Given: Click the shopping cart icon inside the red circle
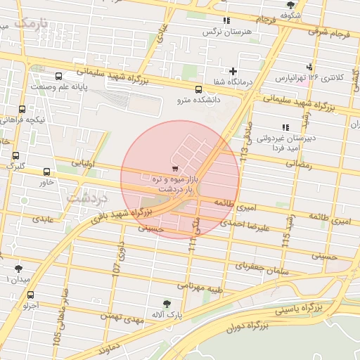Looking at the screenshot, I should [174, 169].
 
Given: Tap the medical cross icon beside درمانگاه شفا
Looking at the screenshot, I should [233, 71].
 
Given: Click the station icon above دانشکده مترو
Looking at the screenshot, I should [198, 89].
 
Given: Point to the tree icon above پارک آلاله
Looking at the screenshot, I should [167, 303].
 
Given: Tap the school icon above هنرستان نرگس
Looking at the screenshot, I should [226, 22].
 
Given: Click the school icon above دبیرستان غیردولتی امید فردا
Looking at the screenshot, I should [285, 127].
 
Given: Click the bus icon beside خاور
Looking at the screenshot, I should [46, 172].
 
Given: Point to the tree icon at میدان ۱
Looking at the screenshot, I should [18, 268].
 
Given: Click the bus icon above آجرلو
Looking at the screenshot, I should [30, 295].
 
